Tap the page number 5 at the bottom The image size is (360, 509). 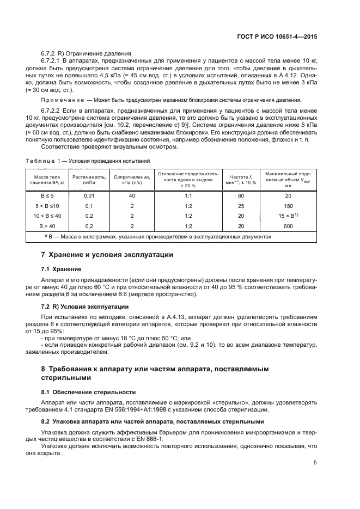(x=315, y=463)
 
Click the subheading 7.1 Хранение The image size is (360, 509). (x=61, y=269)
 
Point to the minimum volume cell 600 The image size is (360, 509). (x=288, y=225)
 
